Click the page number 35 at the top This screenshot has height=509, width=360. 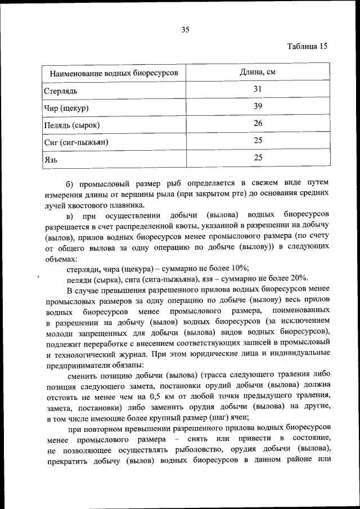184,30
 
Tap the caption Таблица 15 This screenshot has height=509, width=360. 307,46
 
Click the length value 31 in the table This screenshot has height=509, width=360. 258,89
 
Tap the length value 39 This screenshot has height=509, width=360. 258,106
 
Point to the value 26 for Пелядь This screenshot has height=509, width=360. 258,123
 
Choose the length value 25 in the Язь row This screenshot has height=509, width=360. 258,157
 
